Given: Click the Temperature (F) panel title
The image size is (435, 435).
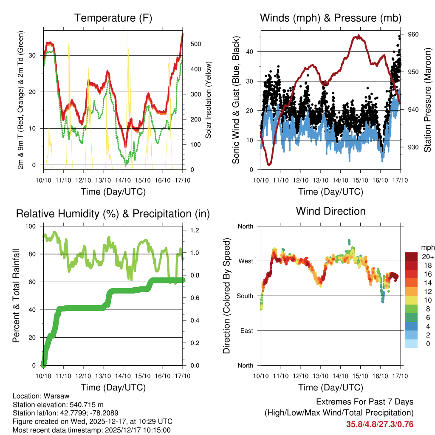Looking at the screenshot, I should coord(113,18).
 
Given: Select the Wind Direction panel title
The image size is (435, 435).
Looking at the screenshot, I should coord(330,211).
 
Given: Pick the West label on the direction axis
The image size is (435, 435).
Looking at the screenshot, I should coord(245,261).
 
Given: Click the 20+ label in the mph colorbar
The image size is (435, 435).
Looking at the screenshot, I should coord(427,257).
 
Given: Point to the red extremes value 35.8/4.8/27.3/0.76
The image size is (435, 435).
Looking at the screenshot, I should coord(380,424).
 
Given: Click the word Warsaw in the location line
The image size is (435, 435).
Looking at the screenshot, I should coord(54,396).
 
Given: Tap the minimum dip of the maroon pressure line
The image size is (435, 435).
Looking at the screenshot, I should coord(269,164).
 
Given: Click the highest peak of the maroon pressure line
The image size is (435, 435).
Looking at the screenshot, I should coord(359,36).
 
